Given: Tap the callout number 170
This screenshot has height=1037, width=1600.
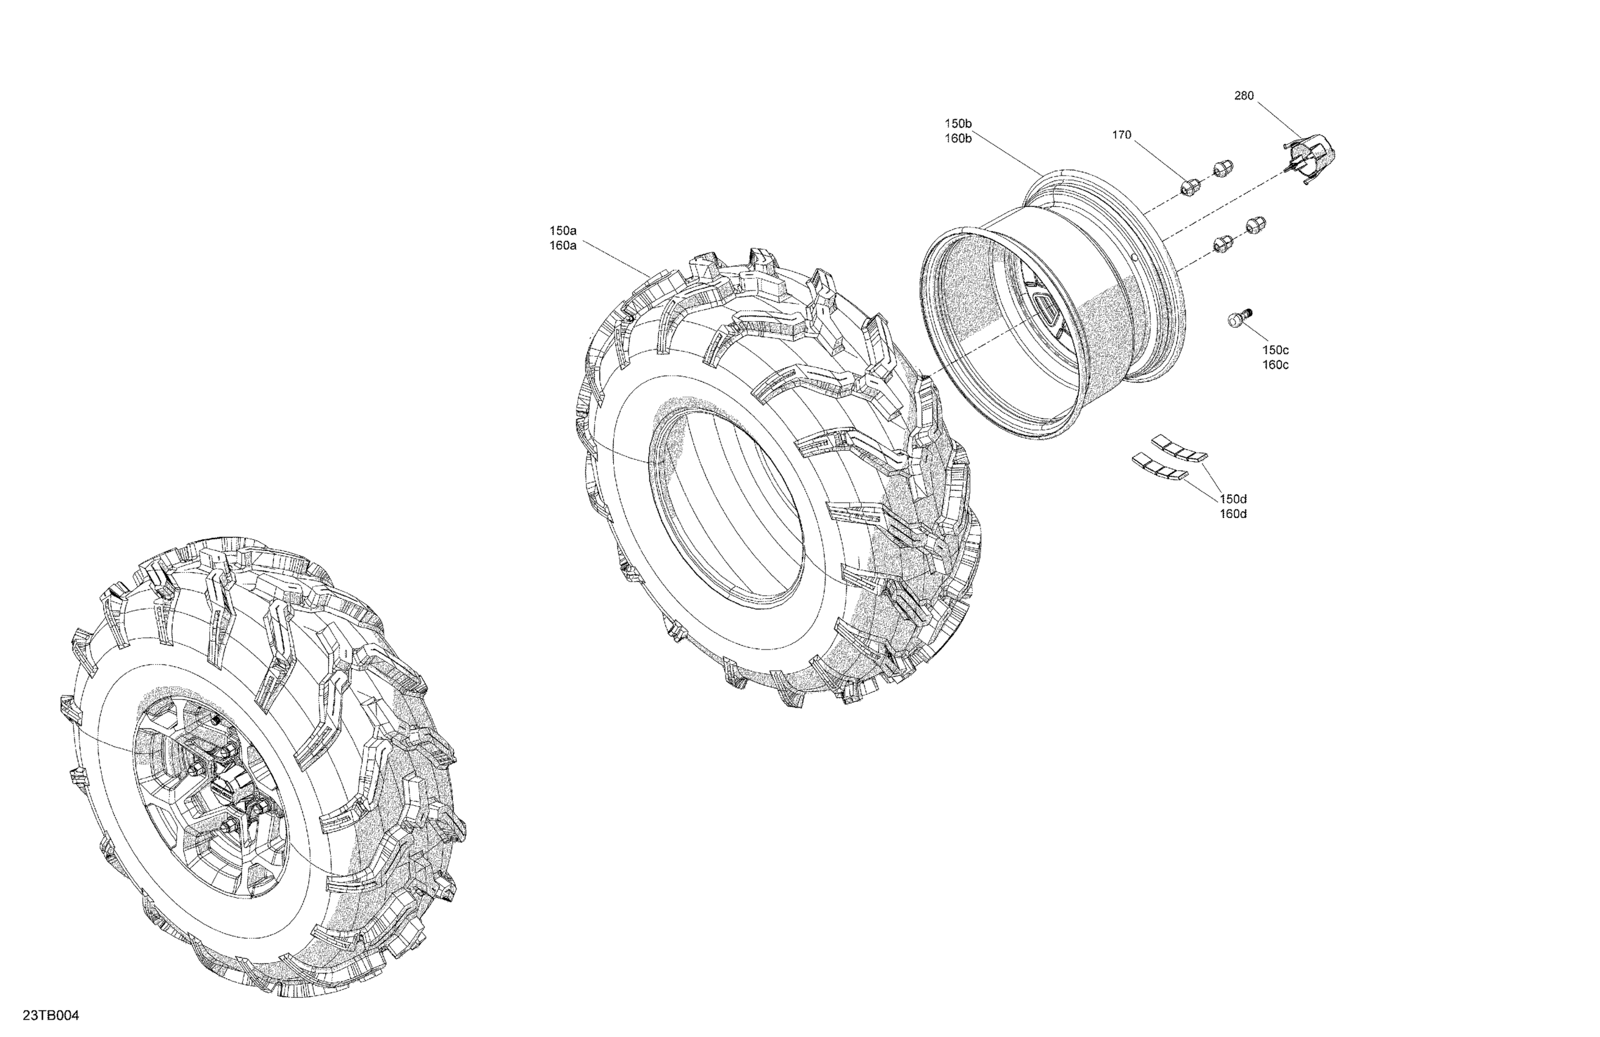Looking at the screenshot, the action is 1122,135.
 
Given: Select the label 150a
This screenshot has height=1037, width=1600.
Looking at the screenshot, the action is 563,231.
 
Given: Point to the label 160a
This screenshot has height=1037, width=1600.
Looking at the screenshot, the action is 563,246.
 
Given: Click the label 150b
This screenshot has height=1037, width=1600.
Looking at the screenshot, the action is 958,124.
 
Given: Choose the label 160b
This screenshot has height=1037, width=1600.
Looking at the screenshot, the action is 958,139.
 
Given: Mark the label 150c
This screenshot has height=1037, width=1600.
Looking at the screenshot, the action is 1275,350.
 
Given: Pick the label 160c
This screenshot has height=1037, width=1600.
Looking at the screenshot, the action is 1275,365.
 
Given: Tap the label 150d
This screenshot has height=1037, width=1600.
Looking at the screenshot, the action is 1233,498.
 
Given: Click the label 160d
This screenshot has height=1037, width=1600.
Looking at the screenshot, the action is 1233,514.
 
